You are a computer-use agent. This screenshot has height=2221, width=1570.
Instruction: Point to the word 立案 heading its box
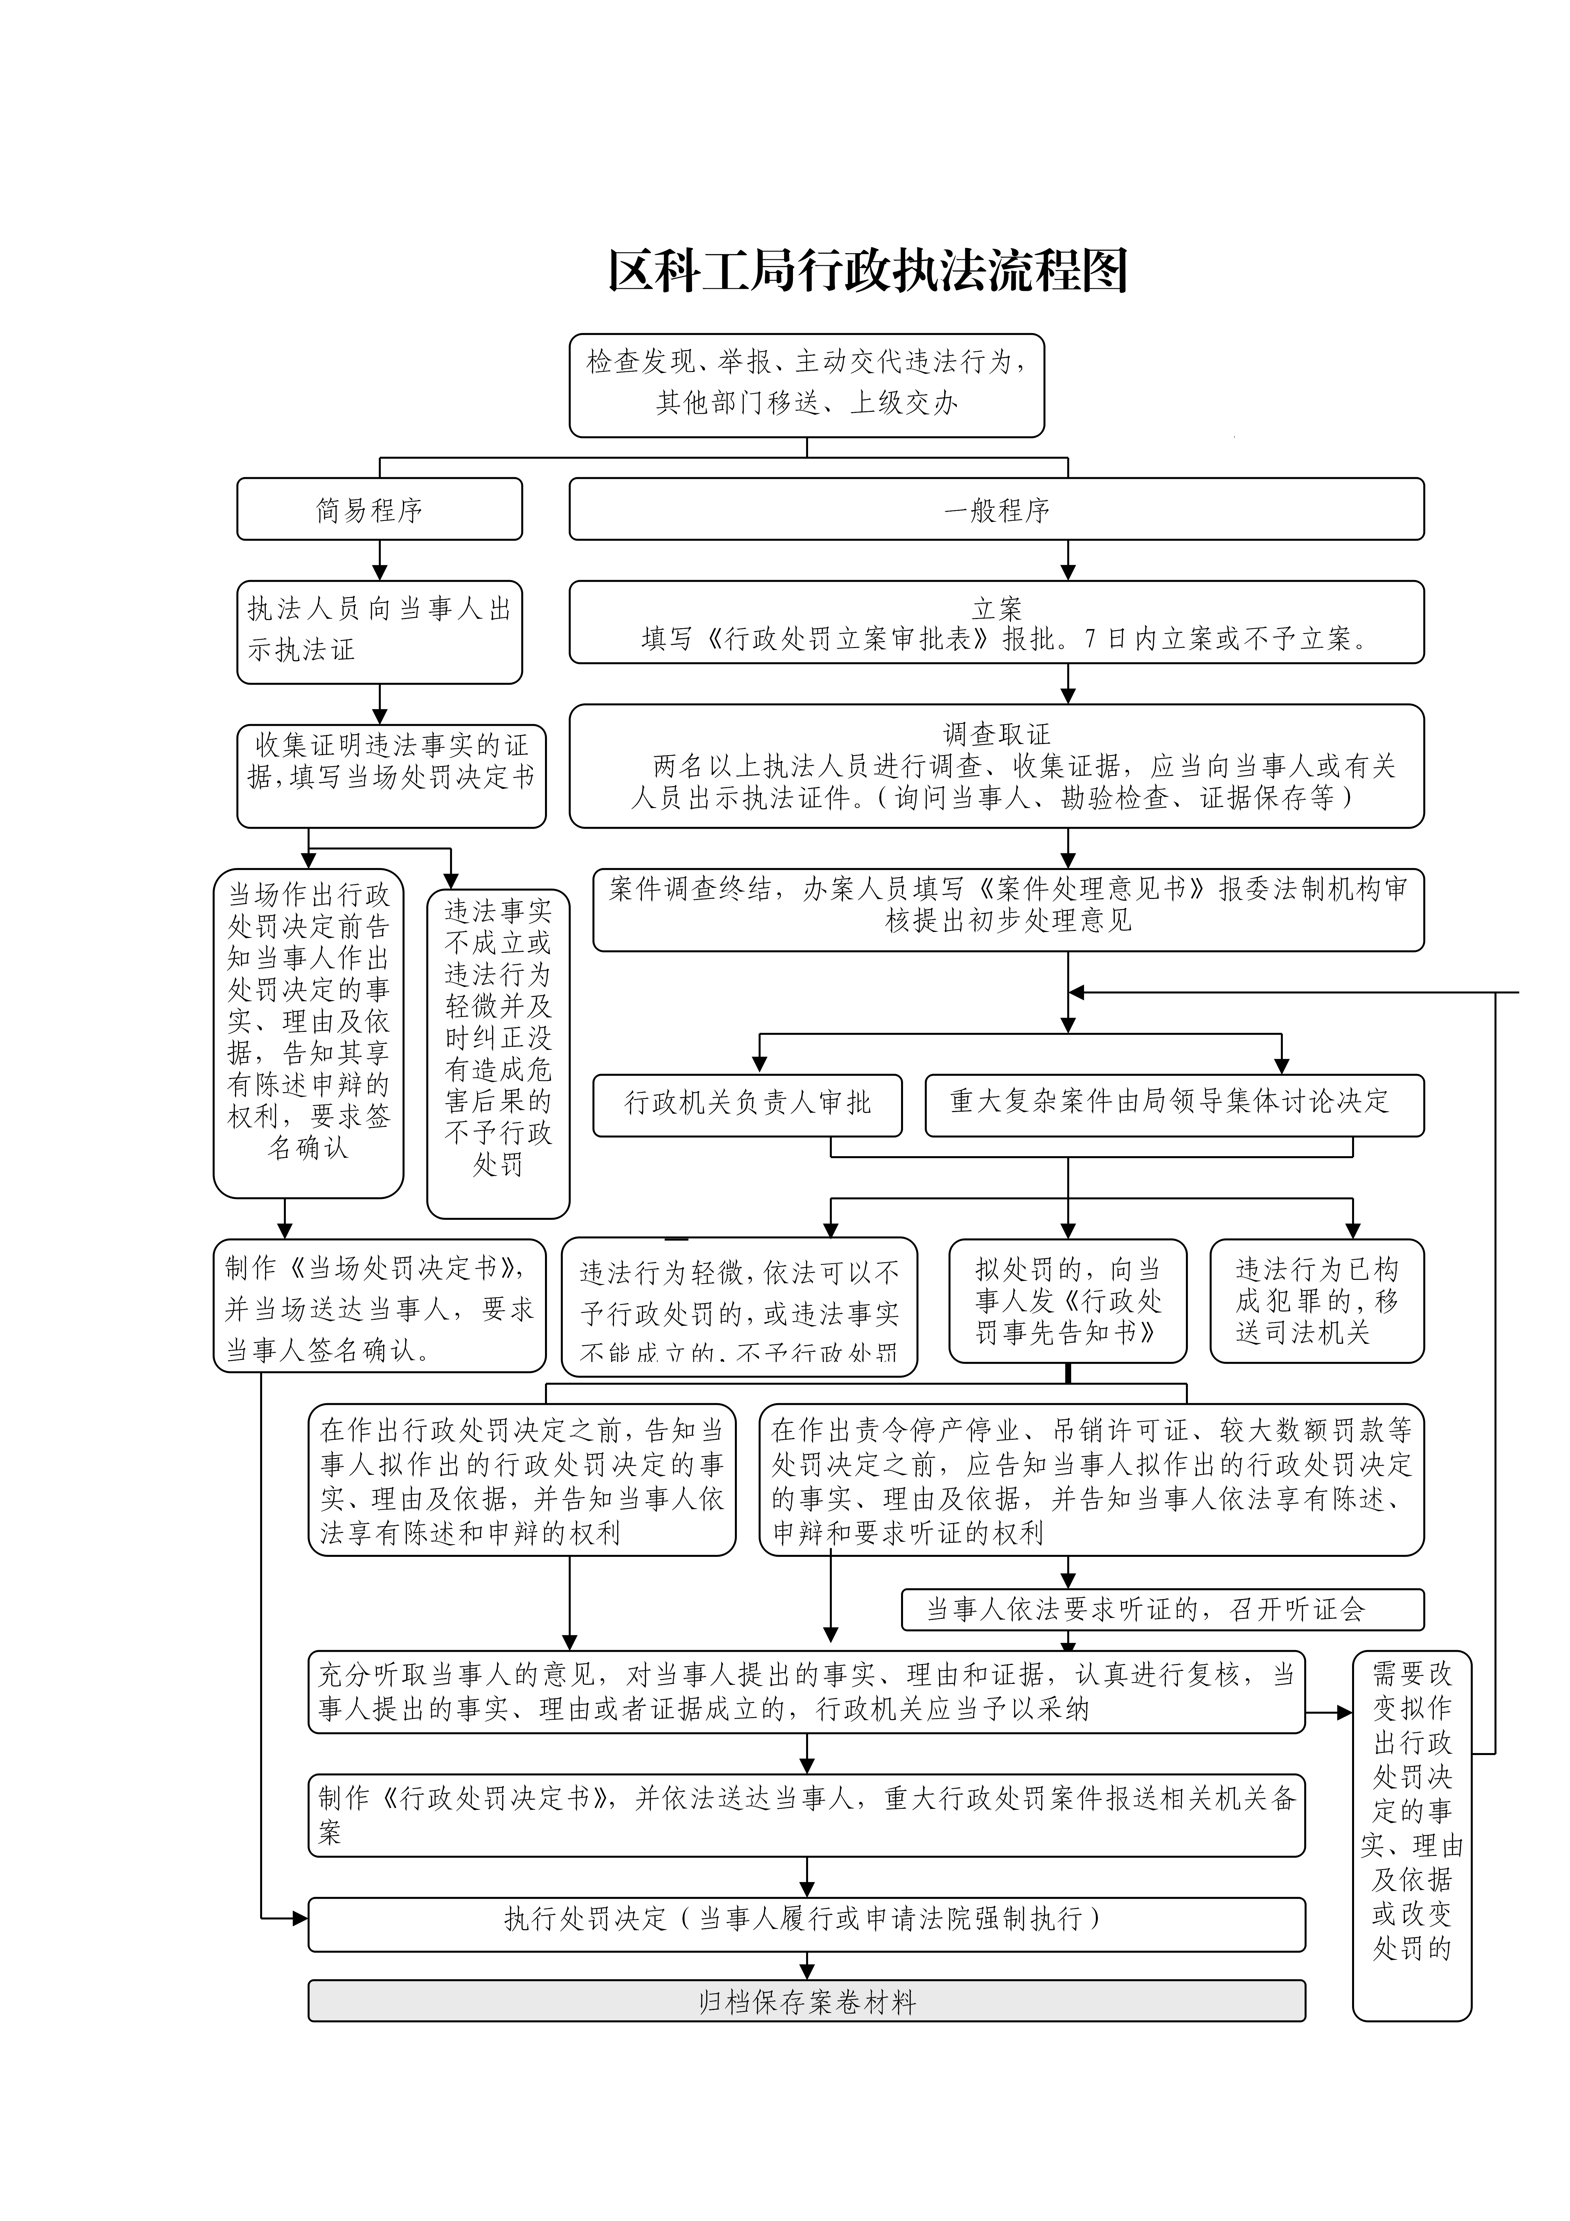996,608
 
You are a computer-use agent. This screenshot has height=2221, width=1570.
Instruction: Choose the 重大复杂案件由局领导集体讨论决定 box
1173,1104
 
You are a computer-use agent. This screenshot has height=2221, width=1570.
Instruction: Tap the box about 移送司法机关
1316,1300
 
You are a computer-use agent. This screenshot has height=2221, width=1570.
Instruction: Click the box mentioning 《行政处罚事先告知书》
1067,1300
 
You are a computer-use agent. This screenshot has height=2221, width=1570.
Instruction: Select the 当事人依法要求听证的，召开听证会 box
1162,1610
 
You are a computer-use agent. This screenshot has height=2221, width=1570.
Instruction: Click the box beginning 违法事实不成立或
498,1052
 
